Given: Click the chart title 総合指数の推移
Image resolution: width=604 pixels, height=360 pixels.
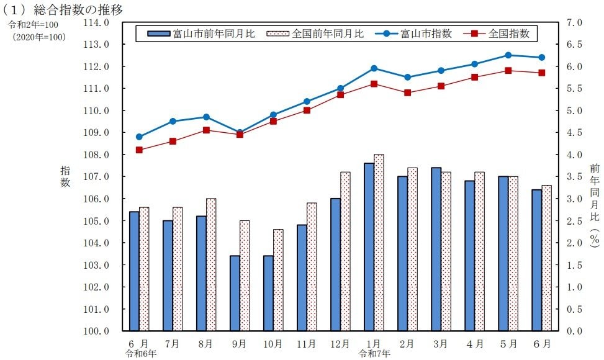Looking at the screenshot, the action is [x=78, y=9].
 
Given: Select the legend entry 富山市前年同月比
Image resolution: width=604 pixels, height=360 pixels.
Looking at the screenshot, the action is [x=201, y=34].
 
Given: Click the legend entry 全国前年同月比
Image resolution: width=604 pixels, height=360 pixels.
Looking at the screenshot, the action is [x=315, y=34].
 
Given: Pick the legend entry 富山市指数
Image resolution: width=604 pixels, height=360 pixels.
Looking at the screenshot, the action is [x=413, y=34].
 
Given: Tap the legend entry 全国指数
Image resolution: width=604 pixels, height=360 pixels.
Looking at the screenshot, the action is [x=497, y=34].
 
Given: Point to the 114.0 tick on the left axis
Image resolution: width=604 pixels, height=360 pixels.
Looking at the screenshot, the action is [x=96, y=23].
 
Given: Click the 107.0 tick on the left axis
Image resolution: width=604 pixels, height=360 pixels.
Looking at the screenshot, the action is [x=96, y=177].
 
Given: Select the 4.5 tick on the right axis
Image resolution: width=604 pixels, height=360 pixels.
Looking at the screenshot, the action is [x=574, y=132].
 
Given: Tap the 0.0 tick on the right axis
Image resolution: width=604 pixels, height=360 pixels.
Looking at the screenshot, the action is [x=574, y=331].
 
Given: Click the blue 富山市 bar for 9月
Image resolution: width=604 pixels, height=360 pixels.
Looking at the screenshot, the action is [x=235, y=293].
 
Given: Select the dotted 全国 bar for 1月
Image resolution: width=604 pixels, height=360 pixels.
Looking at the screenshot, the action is [x=379, y=243].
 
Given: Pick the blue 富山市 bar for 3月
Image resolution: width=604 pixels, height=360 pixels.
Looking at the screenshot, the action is [x=436, y=249].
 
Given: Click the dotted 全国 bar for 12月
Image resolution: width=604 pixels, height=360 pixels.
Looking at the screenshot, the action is [x=346, y=251].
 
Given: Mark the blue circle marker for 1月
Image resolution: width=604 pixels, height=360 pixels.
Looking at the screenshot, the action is [x=374, y=68].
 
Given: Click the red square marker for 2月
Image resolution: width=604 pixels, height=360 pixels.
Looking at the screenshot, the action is [x=408, y=92].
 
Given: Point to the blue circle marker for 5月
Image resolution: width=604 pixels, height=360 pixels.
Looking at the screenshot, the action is [x=508, y=55].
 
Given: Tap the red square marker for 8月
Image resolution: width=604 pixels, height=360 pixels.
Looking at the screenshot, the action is [x=207, y=130].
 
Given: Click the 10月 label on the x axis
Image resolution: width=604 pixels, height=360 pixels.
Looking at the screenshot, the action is [x=273, y=344].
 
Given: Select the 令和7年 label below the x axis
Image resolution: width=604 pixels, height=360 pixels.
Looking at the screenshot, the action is [x=374, y=353].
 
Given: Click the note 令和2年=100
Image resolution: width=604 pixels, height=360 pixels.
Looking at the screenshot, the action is [x=34, y=25].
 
